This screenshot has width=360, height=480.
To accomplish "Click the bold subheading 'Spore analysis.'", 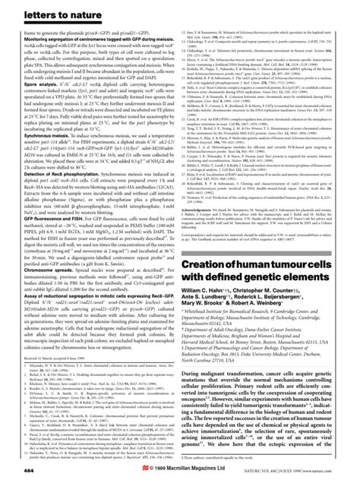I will click(x=33, y=77).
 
